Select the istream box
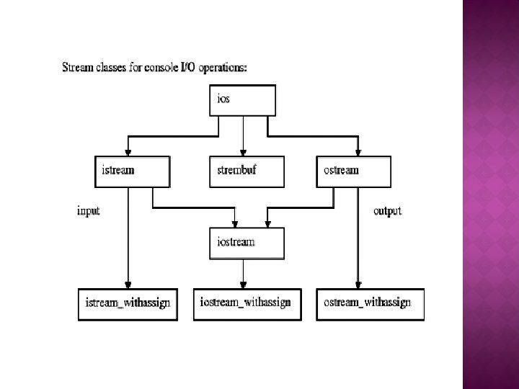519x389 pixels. click(x=132, y=171)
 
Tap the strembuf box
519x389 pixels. click(x=247, y=171)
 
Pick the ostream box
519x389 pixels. click(x=353, y=171)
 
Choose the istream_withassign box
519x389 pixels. click(x=128, y=304)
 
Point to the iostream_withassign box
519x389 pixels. click(x=245, y=303)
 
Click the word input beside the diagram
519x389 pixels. click(x=88, y=211)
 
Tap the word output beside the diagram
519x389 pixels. click(x=388, y=211)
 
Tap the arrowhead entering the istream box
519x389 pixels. click(x=128, y=151)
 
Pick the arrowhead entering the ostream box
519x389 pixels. click(x=358, y=151)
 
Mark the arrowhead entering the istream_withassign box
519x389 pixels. click(x=128, y=284)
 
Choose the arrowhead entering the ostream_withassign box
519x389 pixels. click(x=358, y=284)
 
